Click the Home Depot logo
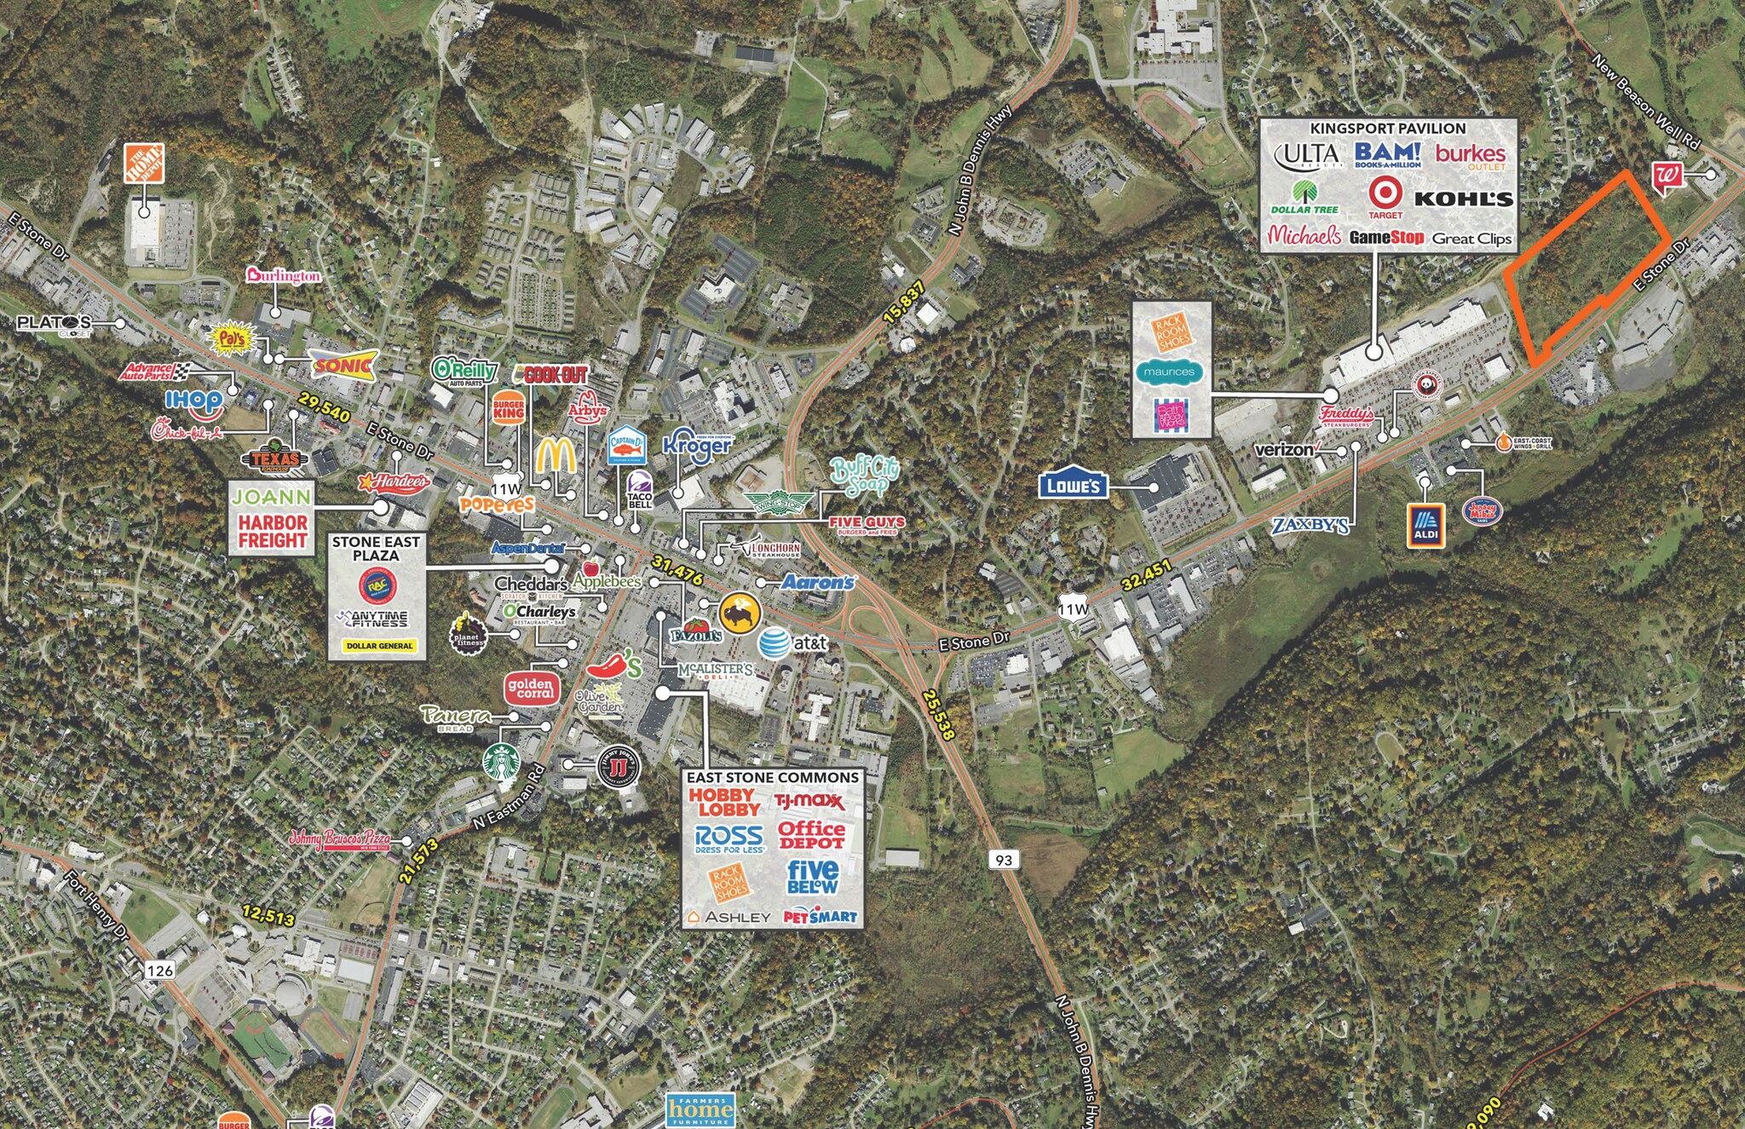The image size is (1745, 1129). [x=144, y=163]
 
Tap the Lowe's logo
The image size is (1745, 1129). [x=1073, y=485]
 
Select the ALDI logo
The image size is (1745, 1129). [x=1425, y=524]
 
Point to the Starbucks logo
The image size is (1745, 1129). [x=502, y=762]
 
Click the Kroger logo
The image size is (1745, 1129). [x=698, y=444]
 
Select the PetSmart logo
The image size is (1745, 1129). [x=820, y=917]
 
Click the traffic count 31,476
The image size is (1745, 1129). [x=677, y=570]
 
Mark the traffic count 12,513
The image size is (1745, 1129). [x=268, y=915]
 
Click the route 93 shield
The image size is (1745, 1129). [x=1004, y=860]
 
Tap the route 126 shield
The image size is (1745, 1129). [x=159, y=970]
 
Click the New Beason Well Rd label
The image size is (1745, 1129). [x=1645, y=103]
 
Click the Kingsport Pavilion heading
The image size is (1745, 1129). [x=1387, y=128]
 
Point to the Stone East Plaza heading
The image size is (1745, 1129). [x=376, y=548]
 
